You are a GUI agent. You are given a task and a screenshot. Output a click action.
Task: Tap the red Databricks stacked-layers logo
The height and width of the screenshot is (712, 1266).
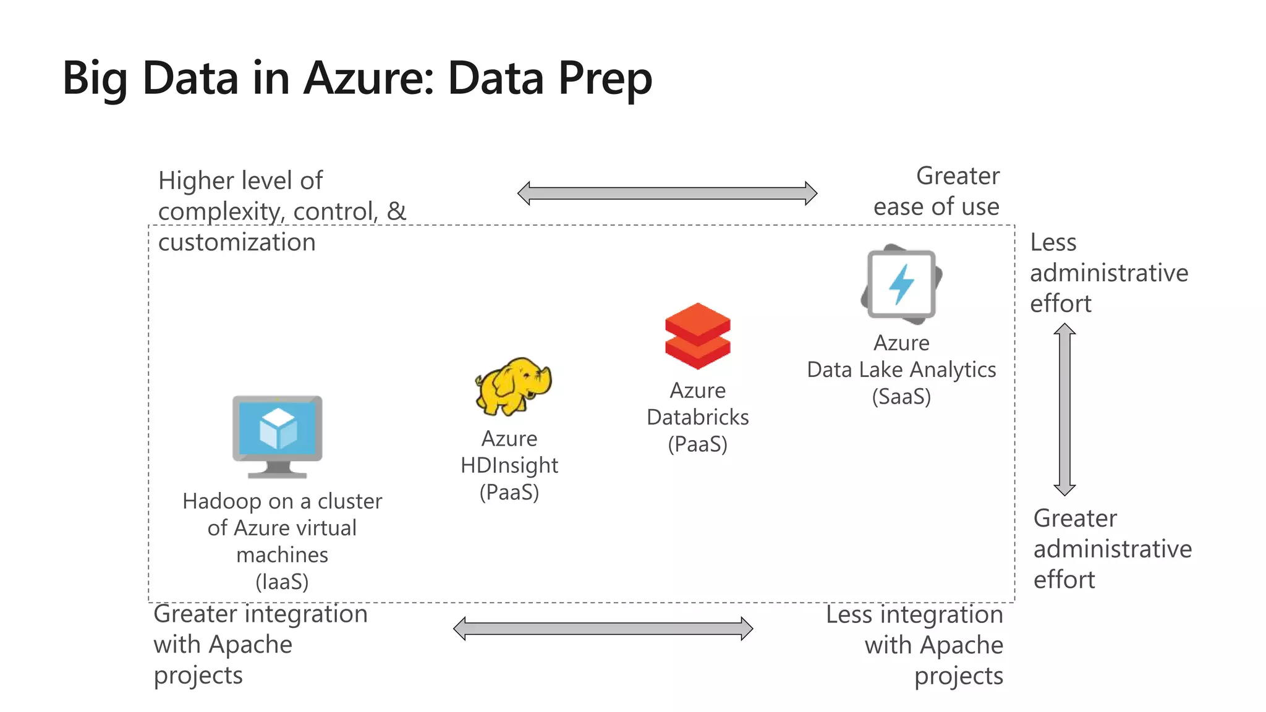[697, 336]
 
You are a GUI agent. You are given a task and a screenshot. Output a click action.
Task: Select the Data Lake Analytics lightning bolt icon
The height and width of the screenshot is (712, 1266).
[901, 284]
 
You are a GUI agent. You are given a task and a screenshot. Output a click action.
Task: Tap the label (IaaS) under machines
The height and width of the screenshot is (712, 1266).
[282, 582]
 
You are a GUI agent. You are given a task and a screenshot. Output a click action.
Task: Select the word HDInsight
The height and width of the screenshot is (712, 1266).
[509, 465]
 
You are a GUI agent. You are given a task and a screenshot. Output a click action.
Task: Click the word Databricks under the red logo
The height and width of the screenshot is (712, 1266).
[697, 417]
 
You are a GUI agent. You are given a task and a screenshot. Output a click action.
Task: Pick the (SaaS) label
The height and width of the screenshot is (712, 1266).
[901, 396]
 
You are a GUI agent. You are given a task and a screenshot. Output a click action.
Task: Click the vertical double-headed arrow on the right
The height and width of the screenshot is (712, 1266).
[1064, 409]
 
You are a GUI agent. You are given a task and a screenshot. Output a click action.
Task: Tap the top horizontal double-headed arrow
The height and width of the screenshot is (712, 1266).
[667, 193]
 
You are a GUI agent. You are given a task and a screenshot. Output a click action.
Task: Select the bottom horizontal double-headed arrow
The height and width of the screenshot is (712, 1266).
[603, 629]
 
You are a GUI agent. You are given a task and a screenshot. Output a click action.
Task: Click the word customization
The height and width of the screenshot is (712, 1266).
[237, 242]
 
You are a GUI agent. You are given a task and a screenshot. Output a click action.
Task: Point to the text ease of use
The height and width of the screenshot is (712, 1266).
[936, 206]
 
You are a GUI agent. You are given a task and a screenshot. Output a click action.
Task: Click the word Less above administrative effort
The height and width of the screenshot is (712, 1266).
[1053, 242]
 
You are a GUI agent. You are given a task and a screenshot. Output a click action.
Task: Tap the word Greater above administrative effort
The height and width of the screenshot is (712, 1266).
[1075, 518]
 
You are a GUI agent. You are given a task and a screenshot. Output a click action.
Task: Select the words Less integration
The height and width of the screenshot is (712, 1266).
[914, 615]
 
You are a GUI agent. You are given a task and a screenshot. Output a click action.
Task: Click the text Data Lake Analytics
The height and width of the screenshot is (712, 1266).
[901, 370]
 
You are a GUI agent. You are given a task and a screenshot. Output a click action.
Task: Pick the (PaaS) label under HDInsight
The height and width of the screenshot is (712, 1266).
[509, 493]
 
